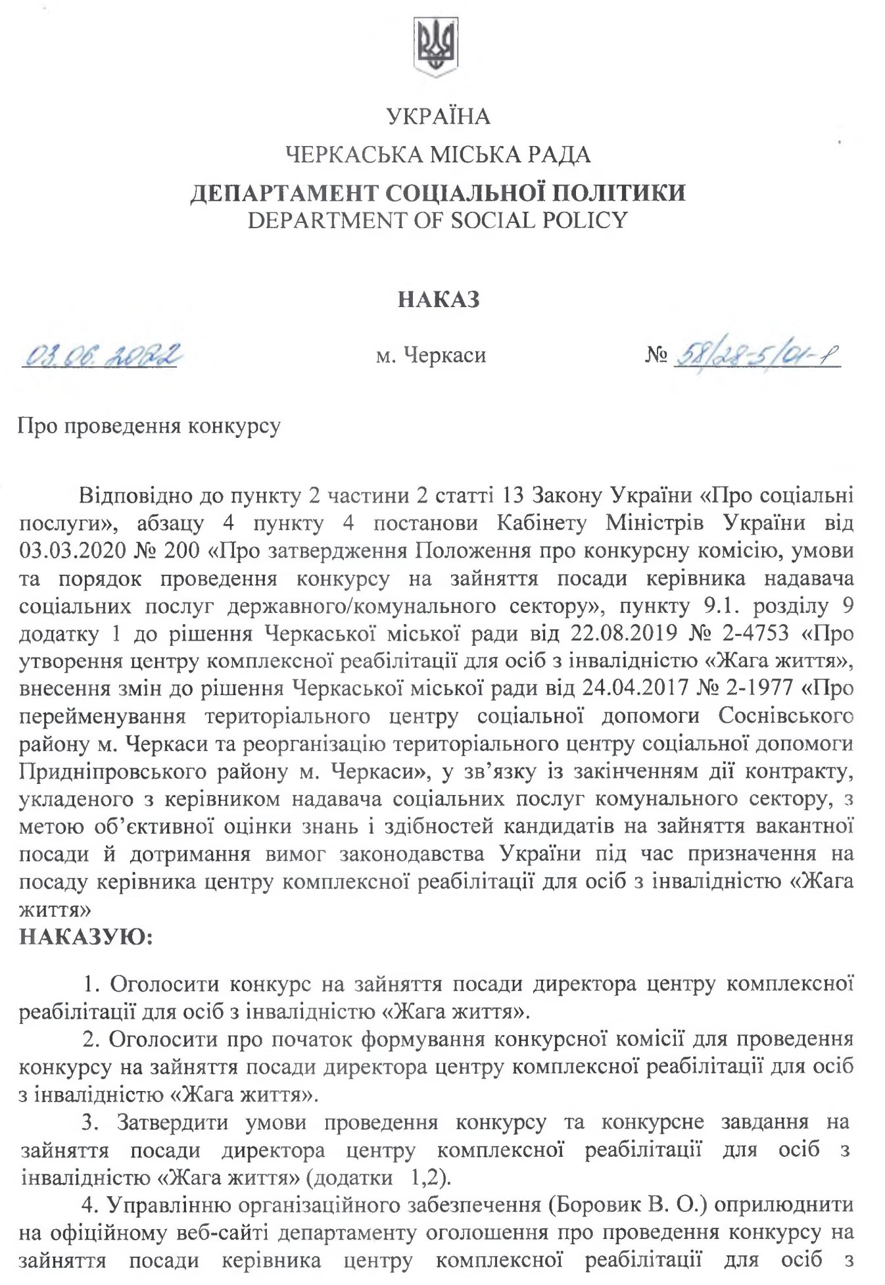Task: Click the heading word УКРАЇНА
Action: click(x=438, y=116)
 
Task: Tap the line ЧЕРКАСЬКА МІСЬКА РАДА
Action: click(x=438, y=155)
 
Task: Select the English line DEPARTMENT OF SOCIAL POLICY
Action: click(x=438, y=220)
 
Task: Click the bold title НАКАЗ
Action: click(x=439, y=300)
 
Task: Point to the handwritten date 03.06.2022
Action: click(x=101, y=356)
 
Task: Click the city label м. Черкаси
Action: click(x=431, y=356)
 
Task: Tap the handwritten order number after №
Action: click(x=756, y=356)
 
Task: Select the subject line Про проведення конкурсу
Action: click(x=149, y=426)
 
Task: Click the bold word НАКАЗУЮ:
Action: click(x=85, y=936)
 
